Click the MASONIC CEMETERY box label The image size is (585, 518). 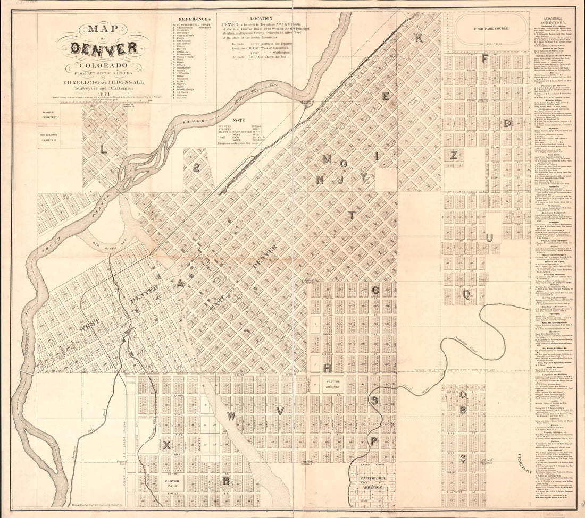[51, 113]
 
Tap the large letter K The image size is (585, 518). [419, 38]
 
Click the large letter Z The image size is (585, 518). [454, 155]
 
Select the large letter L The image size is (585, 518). [103, 150]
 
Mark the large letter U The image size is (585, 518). [489, 237]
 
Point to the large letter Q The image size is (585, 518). [466, 294]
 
